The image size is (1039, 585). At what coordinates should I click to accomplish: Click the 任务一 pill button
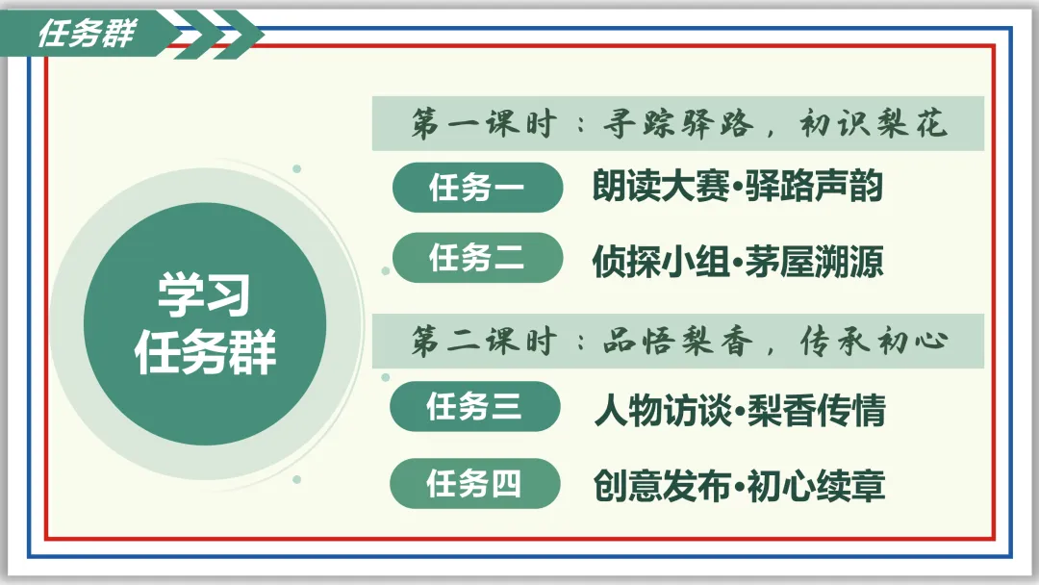coord(477,188)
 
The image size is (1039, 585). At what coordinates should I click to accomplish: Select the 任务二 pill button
coord(477,258)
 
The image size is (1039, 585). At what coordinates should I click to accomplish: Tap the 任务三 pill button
coord(474,406)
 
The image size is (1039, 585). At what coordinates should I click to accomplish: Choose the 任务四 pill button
coord(474,483)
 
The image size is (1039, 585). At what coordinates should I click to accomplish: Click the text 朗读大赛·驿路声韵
coord(738,186)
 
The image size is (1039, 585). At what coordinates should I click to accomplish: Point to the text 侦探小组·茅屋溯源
coord(738,261)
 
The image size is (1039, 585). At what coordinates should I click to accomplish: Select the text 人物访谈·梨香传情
coord(740,410)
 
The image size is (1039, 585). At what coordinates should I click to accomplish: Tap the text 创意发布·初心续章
coord(740,486)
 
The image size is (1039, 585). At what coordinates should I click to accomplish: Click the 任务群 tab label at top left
coord(87,33)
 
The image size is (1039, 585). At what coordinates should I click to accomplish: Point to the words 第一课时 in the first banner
coord(484,123)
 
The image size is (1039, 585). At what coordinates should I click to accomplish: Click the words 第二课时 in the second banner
coord(484,342)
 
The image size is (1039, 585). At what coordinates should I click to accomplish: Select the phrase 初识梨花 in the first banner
coord(874,123)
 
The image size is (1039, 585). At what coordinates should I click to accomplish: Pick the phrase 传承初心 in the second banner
coord(874,342)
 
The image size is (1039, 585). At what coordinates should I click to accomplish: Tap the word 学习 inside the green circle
coord(204,294)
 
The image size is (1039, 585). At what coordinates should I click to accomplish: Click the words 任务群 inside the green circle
coord(205,351)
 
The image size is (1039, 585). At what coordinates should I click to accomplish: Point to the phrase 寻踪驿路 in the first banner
coord(678,123)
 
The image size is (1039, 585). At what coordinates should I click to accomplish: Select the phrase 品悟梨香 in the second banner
coord(678,342)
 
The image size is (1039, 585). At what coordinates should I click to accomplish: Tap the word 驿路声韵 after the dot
coord(815,186)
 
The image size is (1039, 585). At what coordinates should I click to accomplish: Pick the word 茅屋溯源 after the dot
coord(815,261)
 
